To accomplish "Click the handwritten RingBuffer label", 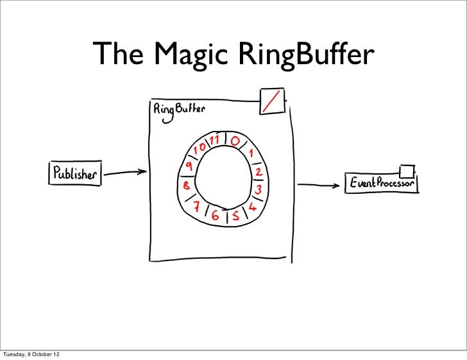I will [179, 109].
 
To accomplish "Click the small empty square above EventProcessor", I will [406, 171].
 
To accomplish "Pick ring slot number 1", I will [252, 154].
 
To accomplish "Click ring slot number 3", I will [258, 191].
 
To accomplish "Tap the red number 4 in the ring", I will [252, 207].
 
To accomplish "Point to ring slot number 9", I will [190, 166].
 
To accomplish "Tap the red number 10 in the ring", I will [200, 148].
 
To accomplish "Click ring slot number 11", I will [214, 139].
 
